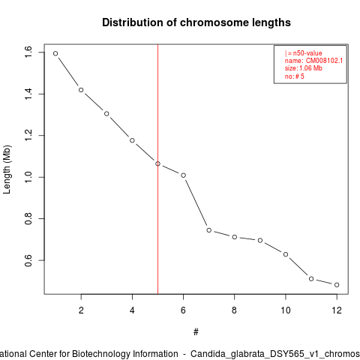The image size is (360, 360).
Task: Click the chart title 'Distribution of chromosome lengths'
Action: [196, 22]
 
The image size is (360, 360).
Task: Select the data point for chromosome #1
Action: [55, 53]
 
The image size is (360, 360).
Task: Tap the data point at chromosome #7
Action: [209, 230]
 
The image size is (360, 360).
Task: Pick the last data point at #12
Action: [337, 285]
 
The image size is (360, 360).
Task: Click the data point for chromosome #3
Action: [106, 114]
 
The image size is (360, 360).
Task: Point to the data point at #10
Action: [286, 254]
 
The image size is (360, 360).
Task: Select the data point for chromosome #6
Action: [183, 175]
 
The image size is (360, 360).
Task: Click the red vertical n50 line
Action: [157, 169]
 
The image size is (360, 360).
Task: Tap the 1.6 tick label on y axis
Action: [28, 52]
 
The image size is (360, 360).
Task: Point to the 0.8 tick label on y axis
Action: [28, 218]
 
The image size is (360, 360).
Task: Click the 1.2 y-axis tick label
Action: [28, 135]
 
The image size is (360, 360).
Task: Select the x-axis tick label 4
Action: [132, 310]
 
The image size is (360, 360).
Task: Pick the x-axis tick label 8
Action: [234, 310]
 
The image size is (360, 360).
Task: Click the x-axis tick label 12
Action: [337, 310]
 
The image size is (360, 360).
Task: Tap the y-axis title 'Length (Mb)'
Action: [7, 169]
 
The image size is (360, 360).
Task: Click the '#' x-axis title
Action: [196, 332]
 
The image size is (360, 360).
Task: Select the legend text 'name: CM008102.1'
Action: [313, 61]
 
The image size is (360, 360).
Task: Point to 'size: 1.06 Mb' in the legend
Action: [303, 68]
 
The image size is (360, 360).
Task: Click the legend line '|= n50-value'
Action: [303, 53]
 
